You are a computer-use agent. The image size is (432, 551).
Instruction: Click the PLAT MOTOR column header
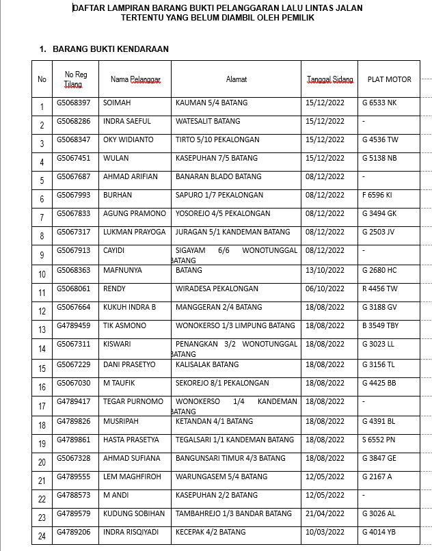[389, 79]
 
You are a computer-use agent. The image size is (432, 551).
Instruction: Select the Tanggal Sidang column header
[330, 79]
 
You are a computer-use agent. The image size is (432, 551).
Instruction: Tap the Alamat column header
[237, 79]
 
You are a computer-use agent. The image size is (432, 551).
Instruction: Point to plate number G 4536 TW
[379, 140]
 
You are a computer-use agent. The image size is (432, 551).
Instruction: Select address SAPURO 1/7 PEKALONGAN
[219, 196]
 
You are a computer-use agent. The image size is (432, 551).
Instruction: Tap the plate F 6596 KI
[377, 196]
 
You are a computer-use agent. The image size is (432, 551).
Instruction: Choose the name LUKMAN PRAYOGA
[134, 232]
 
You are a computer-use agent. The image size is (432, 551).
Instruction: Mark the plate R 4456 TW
[379, 288]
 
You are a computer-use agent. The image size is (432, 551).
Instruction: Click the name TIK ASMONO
[124, 325]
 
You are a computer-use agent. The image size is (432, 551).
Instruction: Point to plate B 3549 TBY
[380, 325]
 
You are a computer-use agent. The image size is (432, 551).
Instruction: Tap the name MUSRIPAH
[122, 421]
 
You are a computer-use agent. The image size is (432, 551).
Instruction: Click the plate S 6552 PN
[379, 440]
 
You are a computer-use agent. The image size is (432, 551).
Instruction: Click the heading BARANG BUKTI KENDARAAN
[110, 49]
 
